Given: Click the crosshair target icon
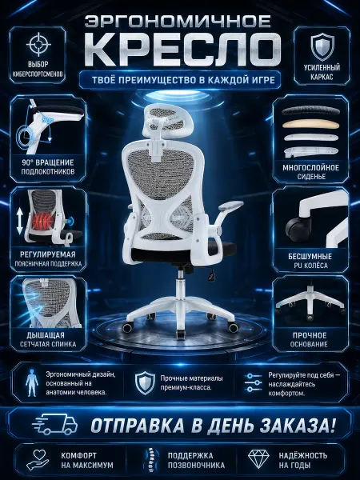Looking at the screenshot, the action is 38,44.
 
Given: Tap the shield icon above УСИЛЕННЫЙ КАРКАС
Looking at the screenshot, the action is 322,46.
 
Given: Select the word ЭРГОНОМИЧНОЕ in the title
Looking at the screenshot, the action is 178,21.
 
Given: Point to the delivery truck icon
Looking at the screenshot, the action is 54,424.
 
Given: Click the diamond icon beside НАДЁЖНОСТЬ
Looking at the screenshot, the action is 258,459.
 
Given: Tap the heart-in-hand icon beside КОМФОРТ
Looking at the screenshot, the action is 38,459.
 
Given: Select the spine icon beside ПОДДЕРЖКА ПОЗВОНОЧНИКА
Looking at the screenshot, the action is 150,459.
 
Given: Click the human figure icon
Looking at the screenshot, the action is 32,382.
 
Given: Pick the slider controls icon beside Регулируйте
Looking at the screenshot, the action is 253,382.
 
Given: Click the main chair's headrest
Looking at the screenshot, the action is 165,118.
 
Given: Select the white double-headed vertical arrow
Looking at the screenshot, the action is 20,221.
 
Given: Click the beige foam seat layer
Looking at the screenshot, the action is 310,124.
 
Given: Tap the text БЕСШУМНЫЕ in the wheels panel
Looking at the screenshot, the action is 310,256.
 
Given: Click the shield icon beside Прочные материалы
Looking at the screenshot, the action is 145,382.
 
